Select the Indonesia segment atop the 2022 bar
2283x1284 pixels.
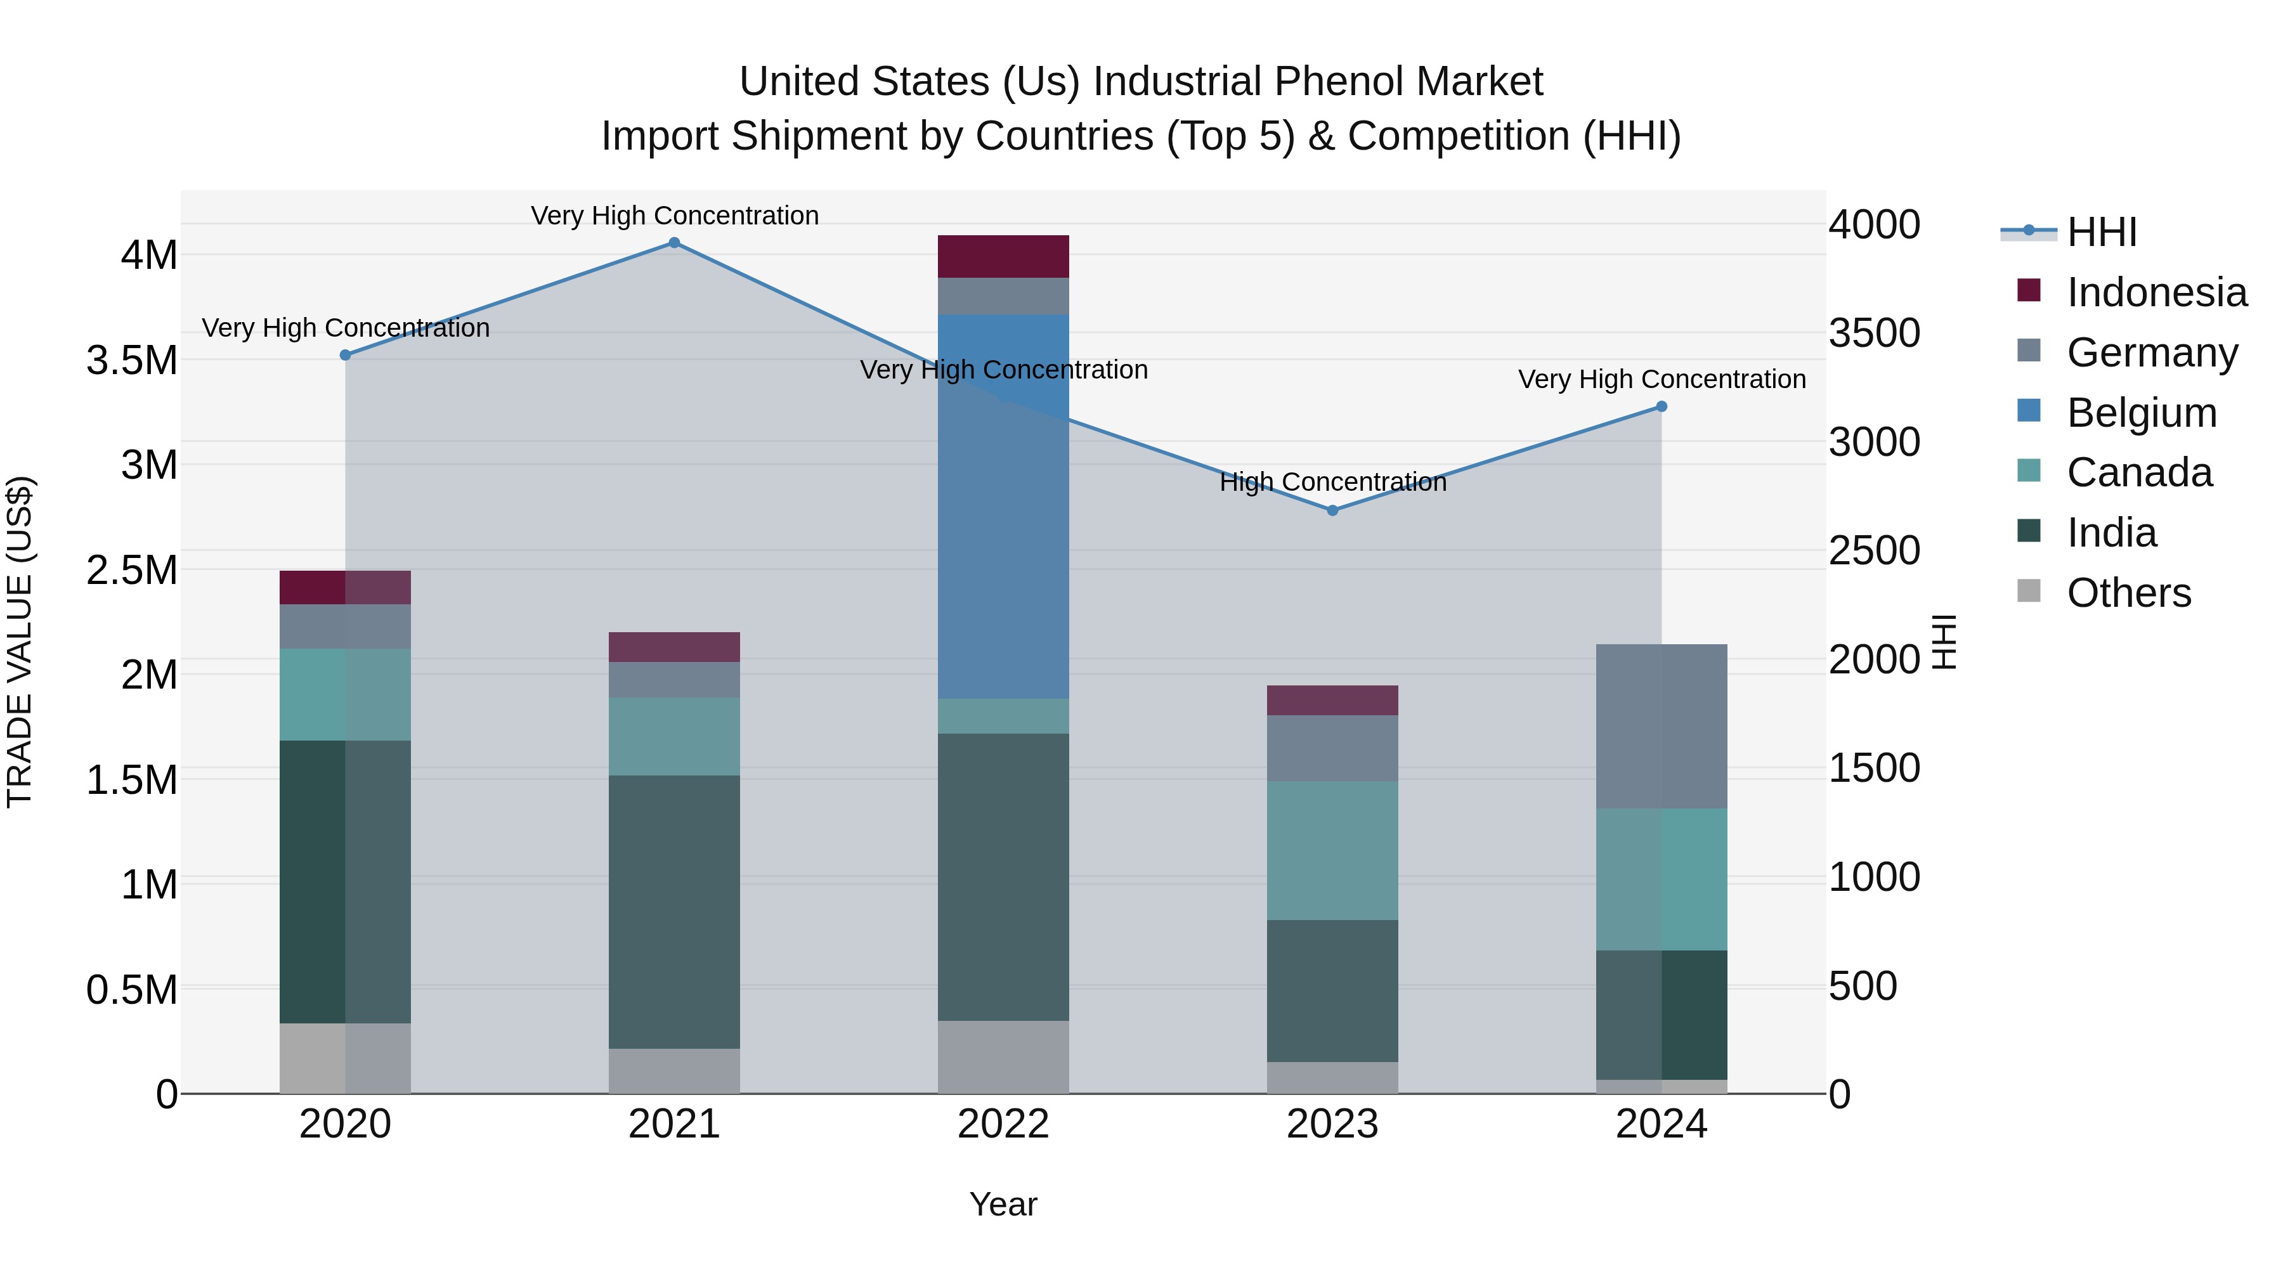coord(1003,256)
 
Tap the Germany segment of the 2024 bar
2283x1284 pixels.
coord(1661,726)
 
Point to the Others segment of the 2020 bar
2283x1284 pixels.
coord(345,1058)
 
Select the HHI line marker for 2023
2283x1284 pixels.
coord(1332,510)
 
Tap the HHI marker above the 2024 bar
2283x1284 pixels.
coord(1661,406)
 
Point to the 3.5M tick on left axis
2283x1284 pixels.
coord(131,361)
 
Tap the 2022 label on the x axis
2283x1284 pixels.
coord(1003,1124)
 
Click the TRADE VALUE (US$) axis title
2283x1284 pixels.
coord(20,642)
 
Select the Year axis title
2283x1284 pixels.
coord(1003,1204)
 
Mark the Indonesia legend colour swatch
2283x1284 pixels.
coord(2029,290)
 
